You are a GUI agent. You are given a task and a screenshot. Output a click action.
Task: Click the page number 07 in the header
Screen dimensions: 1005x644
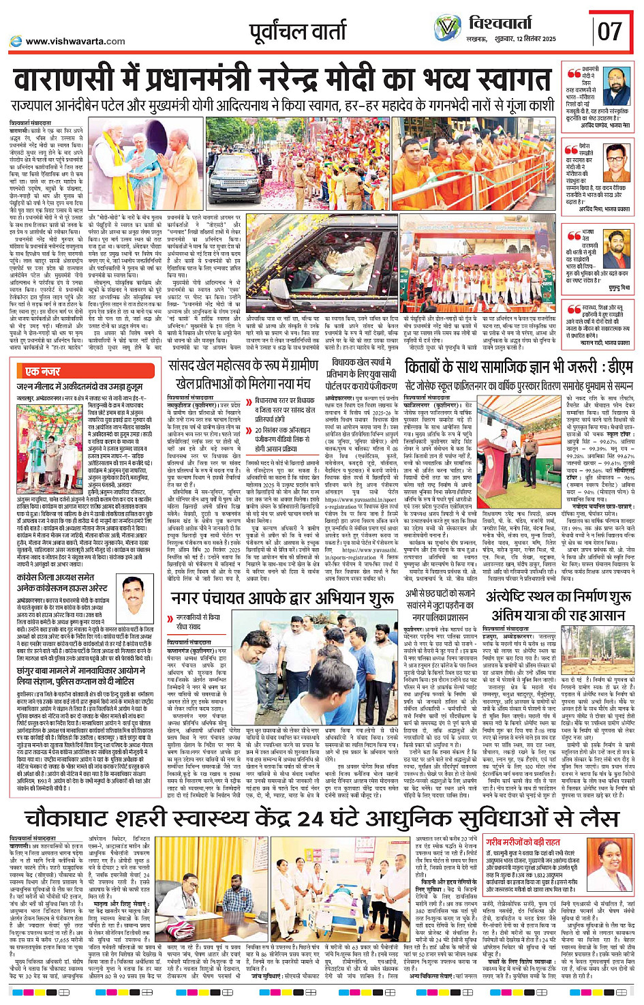click(x=610, y=31)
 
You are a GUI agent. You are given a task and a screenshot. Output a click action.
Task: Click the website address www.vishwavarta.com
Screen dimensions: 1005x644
click(x=75, y=41)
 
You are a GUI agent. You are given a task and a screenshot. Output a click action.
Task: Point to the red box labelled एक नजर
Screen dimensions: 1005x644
click(x=42, y=371)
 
